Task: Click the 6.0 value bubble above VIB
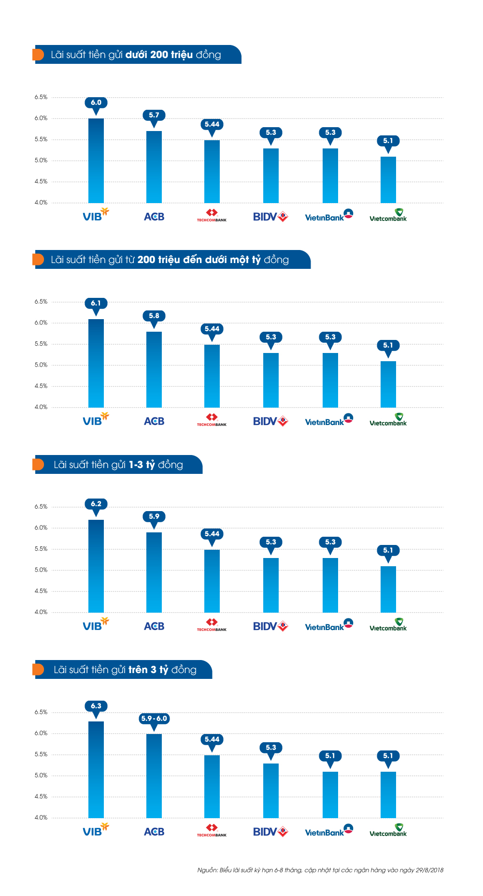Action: [x=96, y=103]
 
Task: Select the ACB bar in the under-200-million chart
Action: [x=154, y=167]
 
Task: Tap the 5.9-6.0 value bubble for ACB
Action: [x=154, y=719]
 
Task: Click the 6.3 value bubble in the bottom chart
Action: [x=96, y=706]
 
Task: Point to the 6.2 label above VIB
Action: [x=96, y=504]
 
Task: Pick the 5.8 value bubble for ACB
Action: [x=154, y=316]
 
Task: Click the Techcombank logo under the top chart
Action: [x=212, y=215]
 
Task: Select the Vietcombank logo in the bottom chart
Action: [x=388, y=830]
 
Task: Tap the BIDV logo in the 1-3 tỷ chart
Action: [x=270, y=626]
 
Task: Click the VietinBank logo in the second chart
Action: [x=329, y=420]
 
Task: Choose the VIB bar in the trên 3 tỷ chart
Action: [x=96, y=769]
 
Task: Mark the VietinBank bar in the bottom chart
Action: [x=330, y=794]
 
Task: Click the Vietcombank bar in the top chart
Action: [x=388, y=180]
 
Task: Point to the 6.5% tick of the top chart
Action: [x=41, y=97]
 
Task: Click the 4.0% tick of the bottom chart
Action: [x=41, y=818]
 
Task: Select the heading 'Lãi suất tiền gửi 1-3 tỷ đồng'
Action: [x=118, y=465]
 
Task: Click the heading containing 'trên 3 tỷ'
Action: [x=125, y=670]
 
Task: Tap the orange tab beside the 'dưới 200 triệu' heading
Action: [x=38, y=55]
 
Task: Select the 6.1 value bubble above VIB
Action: [x=96, y=303]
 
